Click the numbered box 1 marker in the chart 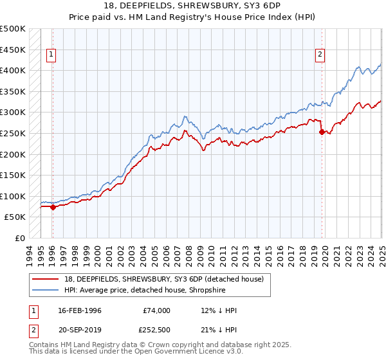(x=51, y=55)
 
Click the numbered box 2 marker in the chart (x=320, y=55)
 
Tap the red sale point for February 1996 (x=53, y=207)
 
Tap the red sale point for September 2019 (x=322, y=132)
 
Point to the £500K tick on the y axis (x=14, y=29)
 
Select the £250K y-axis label (x=14, y=134)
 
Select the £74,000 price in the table (x=156, y=310)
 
